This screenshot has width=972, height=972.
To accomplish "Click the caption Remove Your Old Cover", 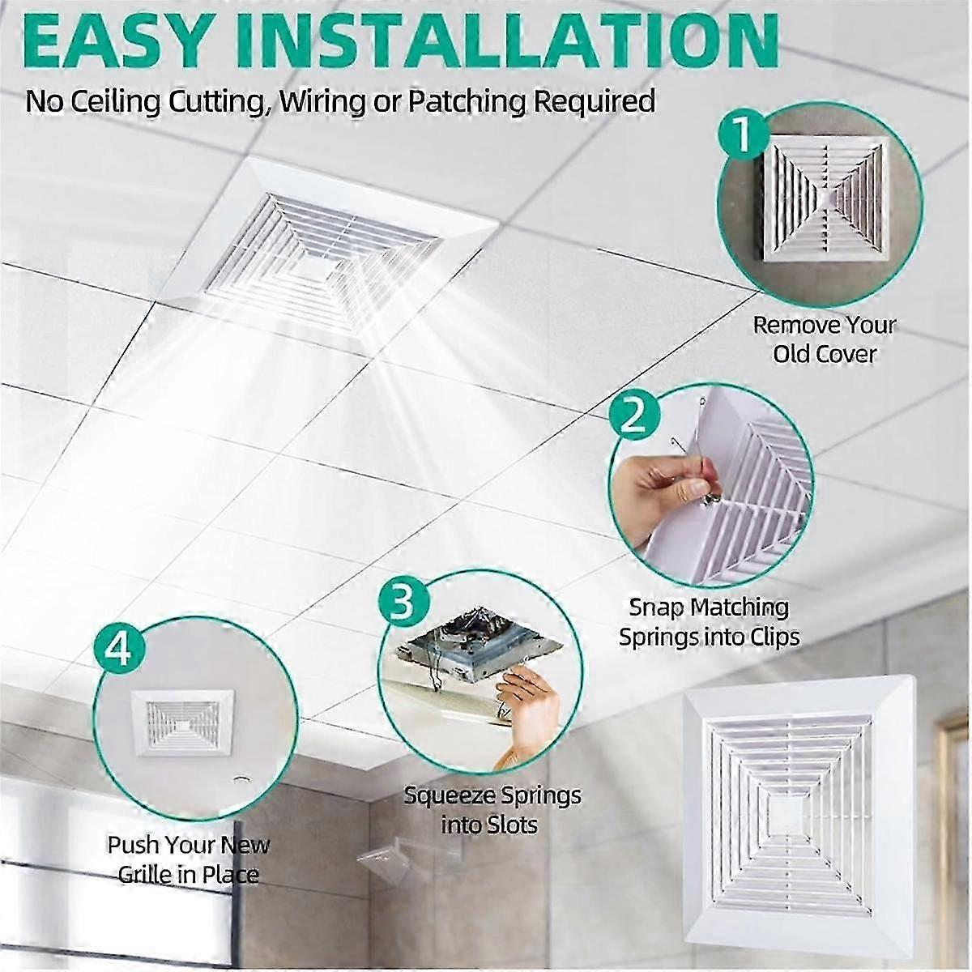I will coord(824,339).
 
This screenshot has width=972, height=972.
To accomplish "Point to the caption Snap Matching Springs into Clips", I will coord(709,621).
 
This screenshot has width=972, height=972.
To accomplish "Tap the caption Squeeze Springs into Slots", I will coord(492,809).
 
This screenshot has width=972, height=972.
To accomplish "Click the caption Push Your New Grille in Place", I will coord(188,859).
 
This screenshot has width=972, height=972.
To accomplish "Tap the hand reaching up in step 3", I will coord(531,713).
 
